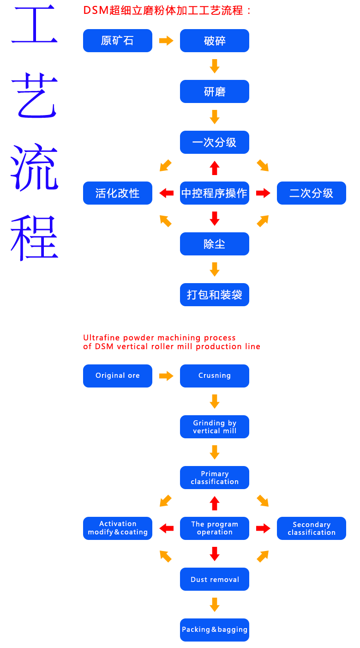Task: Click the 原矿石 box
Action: (x=117, y=41)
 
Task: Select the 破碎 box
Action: (x=214, y=41)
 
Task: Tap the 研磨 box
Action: (x=214, y=91)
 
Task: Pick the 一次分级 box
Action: (x=214, y=142)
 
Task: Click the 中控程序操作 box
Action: (x=214, y=193)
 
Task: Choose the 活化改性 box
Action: (x=117, y=193)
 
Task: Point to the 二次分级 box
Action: (x=311, y=193)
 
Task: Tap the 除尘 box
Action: (x=214, y=244)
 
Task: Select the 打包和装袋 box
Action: (x=214, y=295)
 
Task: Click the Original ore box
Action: (x=117, y=376)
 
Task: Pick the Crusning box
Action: (x=214, y=376)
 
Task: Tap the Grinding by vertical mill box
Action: (x=214, y=427)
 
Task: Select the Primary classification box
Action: (x=214, y=478)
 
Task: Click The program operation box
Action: (x=214, y=528)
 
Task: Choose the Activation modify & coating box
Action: (x=117, y=528)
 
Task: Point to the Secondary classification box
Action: (x=311, y=528)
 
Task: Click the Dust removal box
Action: (x=214, y=579)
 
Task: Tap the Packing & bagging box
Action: (x=214, y=630)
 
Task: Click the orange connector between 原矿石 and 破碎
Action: (x=166, y=41)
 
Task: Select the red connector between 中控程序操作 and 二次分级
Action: (x=263, y=193)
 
